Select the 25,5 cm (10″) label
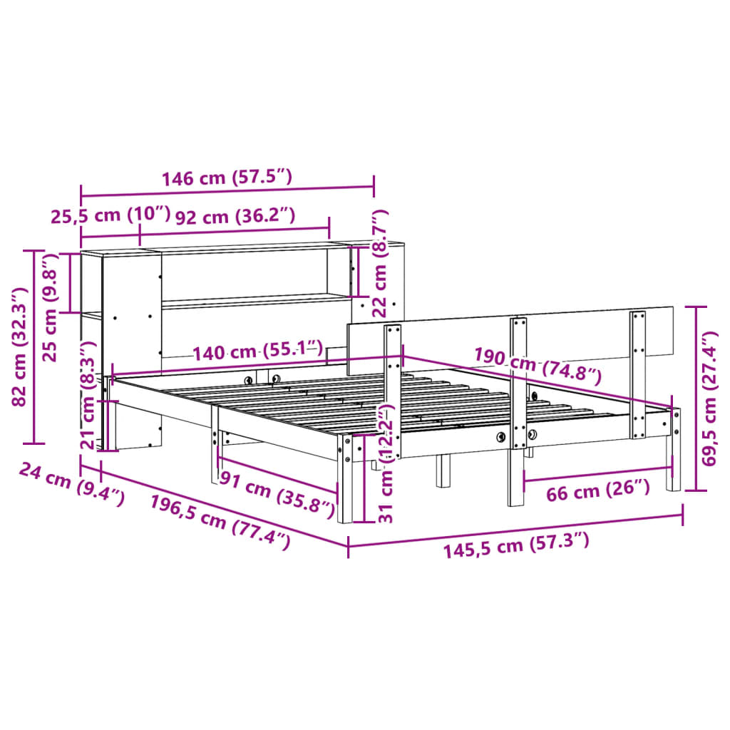tap(110, 215)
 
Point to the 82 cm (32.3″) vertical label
tap(19, 346)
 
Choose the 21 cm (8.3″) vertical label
tap(88, 396)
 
